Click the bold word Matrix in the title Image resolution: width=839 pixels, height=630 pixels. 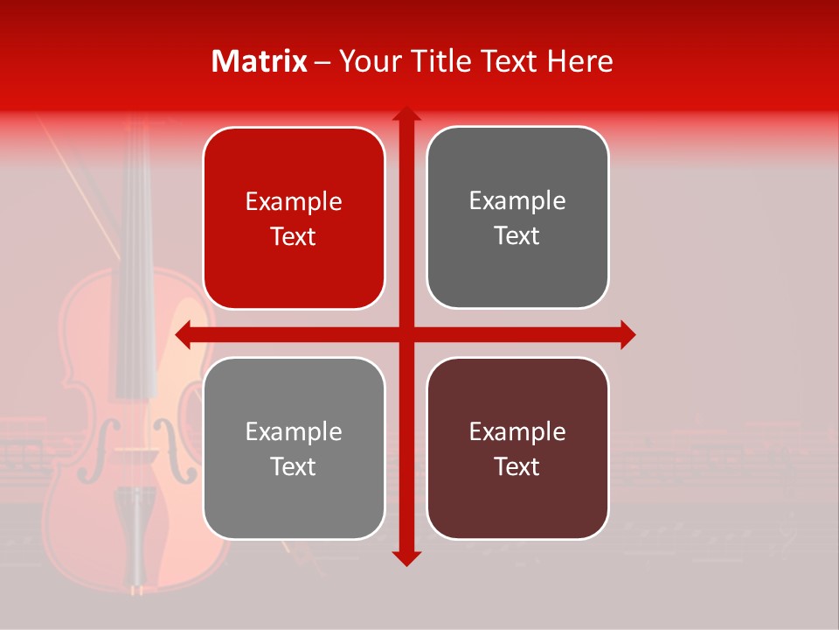[260, 61]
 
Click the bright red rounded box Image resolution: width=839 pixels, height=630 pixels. [294, 218]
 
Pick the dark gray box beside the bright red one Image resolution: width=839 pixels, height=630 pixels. [517, 217]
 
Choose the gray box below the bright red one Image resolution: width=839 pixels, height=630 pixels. [294, 448]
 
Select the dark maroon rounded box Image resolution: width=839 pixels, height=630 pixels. [517, 448]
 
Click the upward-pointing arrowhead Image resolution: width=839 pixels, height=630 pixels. [406, 115]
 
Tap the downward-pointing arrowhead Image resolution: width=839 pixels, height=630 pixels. [406, 557]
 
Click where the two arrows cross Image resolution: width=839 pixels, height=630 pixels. [406, 334]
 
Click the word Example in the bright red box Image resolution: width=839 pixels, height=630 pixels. [294, 201]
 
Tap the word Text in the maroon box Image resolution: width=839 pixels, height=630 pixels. [517, 466]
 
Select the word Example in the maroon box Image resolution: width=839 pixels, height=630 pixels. [517, 431]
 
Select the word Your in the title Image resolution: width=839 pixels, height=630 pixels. [366, 61]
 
